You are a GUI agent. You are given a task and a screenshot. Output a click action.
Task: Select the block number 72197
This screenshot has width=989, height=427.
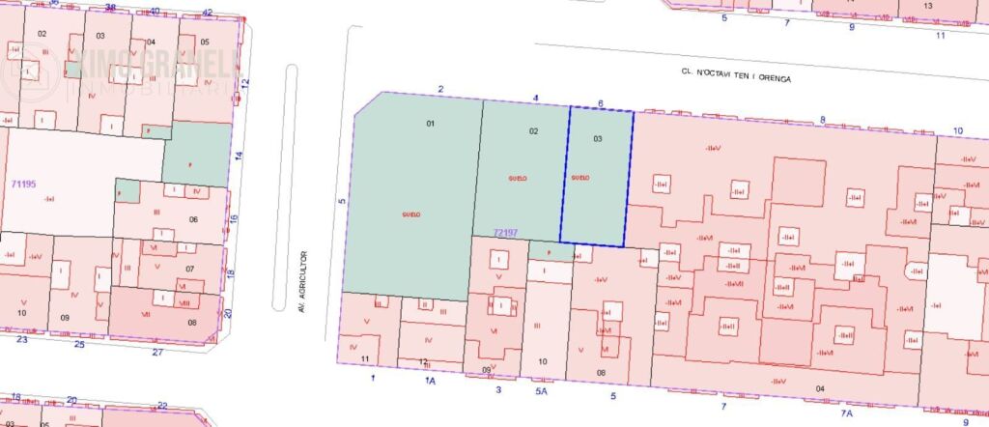tap(506, 232)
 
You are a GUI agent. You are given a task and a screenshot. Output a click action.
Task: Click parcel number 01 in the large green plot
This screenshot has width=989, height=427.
tap(431, 124)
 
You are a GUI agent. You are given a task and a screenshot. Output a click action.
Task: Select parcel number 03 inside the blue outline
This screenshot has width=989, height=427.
tap(598, 139)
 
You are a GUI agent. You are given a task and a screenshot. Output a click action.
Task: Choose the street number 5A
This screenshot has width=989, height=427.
tap(541, 391)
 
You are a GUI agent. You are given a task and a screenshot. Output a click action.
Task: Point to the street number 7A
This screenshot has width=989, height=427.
tap(846, 413)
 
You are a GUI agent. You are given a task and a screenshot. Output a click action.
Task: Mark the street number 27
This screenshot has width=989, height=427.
tap(156, 352)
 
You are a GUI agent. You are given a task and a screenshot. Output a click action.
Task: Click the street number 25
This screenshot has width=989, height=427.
tap(80, 345)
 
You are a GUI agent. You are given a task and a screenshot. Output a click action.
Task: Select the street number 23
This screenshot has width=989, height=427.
tap(22, 339)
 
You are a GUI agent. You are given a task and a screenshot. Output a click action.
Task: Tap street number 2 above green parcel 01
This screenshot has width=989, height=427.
tap(440, 89)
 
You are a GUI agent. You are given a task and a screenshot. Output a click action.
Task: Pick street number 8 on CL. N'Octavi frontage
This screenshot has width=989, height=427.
tap(823, 120)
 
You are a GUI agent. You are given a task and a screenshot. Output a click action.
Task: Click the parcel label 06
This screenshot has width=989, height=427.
tap(192, 219)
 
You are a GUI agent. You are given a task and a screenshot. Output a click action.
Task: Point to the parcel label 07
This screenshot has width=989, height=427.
tap(190, 269)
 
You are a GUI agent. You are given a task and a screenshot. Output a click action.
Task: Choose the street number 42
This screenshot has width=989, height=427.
tap(208, 13)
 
